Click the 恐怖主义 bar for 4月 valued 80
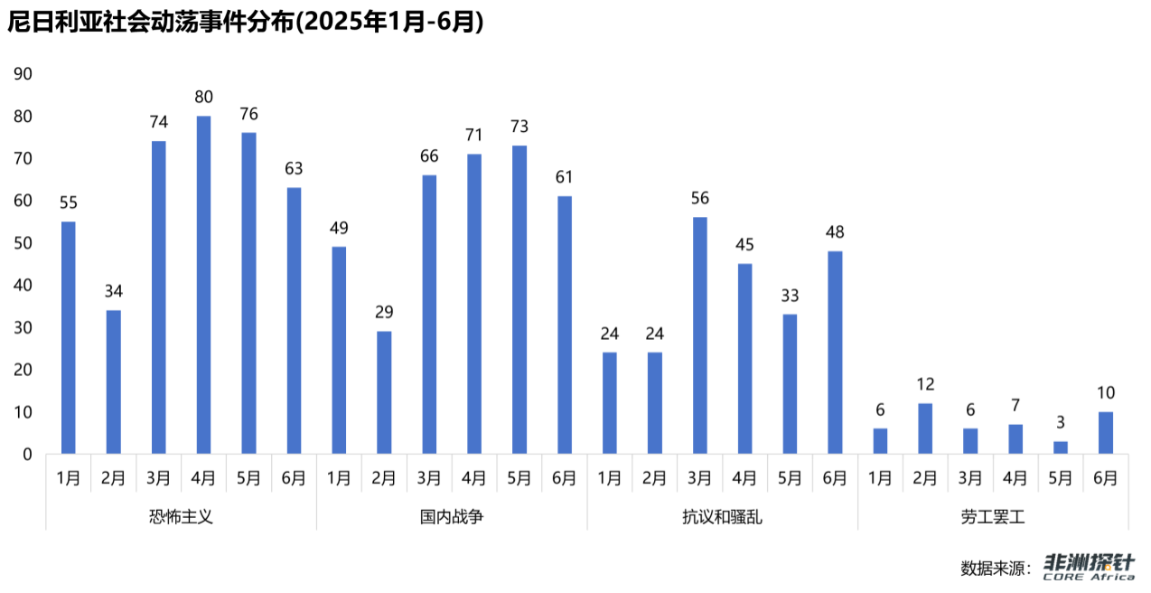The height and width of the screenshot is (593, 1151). coord(203,285)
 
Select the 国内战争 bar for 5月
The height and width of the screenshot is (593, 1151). coord(519,299)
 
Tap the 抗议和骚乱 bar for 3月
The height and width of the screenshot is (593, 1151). coord(700,335)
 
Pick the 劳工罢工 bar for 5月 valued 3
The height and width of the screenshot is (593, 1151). coord(1061,447)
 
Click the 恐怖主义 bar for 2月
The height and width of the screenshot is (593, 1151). coord(113,381)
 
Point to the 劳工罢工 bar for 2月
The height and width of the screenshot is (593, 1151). coord(925,428)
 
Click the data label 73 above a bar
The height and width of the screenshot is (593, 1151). coord(519,127)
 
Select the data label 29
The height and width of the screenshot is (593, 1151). coord(384,313)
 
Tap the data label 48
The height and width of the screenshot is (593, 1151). coord(835,232)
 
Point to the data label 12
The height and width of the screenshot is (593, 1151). coord(925,384)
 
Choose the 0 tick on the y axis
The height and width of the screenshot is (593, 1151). coord(28,455)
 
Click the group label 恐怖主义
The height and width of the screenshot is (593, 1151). coord(181,518)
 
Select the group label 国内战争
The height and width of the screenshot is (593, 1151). coord(452,518)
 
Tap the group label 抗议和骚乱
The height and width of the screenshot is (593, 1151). coord(723,518)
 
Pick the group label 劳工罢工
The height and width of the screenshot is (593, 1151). coord(993,518)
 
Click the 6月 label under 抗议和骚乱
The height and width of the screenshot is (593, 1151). coord(835,478)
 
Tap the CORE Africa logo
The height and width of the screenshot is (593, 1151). coord(1089,568)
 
